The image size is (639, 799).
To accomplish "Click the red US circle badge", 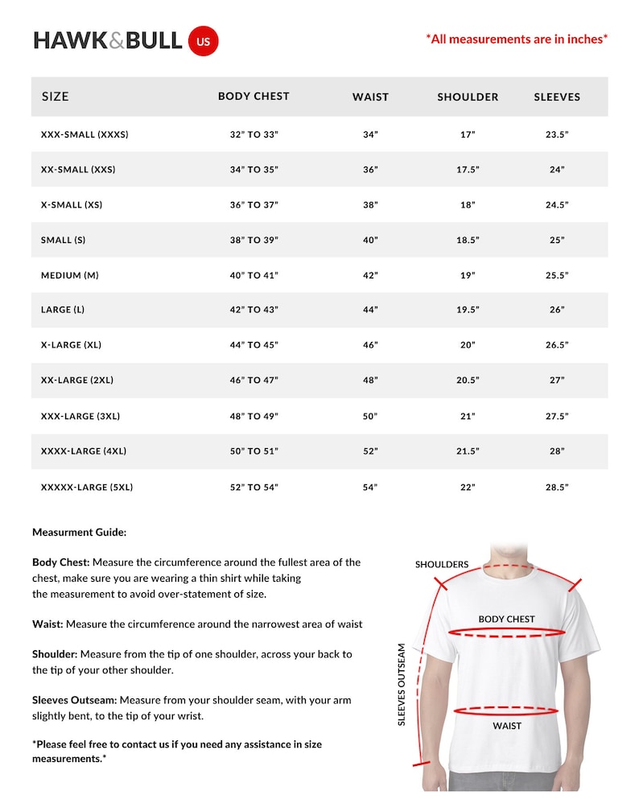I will tap(203, 41).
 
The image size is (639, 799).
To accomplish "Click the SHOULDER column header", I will tap(468, 97).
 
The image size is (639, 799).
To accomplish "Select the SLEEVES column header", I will tap(557, 97).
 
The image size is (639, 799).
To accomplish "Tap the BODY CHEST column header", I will tap(254, 96).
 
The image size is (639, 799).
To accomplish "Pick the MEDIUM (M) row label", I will tap(70, 275).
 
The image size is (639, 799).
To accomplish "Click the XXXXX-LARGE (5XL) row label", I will tap(87, 487).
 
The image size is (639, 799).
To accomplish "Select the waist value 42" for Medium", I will tap(370, 275).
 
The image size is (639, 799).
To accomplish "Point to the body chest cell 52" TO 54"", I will tap(254, 487).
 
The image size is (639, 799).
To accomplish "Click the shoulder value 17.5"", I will tap(468, 170).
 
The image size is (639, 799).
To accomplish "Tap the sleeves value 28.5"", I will tap(557, 487).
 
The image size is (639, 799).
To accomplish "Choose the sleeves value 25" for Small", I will tap(557, 240).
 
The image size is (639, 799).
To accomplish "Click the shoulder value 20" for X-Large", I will tap(468, 345).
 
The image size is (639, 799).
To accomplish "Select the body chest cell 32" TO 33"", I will tap(254, 134).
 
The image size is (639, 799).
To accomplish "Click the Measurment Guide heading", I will tap(80, 532).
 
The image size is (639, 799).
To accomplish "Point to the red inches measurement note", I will tap(516, 38).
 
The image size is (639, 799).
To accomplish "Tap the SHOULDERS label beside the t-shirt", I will tap(442, 564).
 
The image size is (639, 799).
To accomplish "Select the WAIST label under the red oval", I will tap(507, 726).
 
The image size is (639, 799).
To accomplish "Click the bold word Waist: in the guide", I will tap(47, 624).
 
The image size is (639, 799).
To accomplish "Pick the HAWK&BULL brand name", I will tap(108, 40).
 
